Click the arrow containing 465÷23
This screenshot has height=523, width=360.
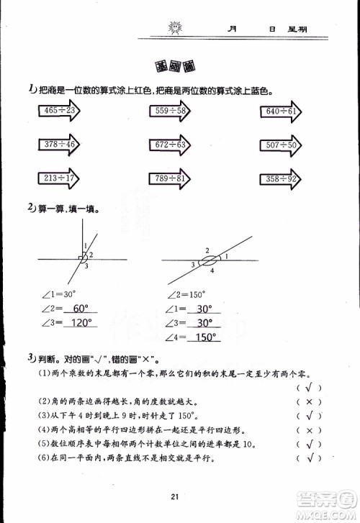pyautogui.click(x=58, y=111)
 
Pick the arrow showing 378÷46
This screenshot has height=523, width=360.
pyautogui.click(x=58, y=145)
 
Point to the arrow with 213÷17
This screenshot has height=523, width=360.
pyautogui.click(x=58, y=178)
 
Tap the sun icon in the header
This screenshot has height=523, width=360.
pyautogui.click(x=174, y=29)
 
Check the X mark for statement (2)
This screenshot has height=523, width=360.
pyautogui.click(x=309, y=401)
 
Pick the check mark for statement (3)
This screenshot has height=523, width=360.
pyautogui.click(x=309, y=415)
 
